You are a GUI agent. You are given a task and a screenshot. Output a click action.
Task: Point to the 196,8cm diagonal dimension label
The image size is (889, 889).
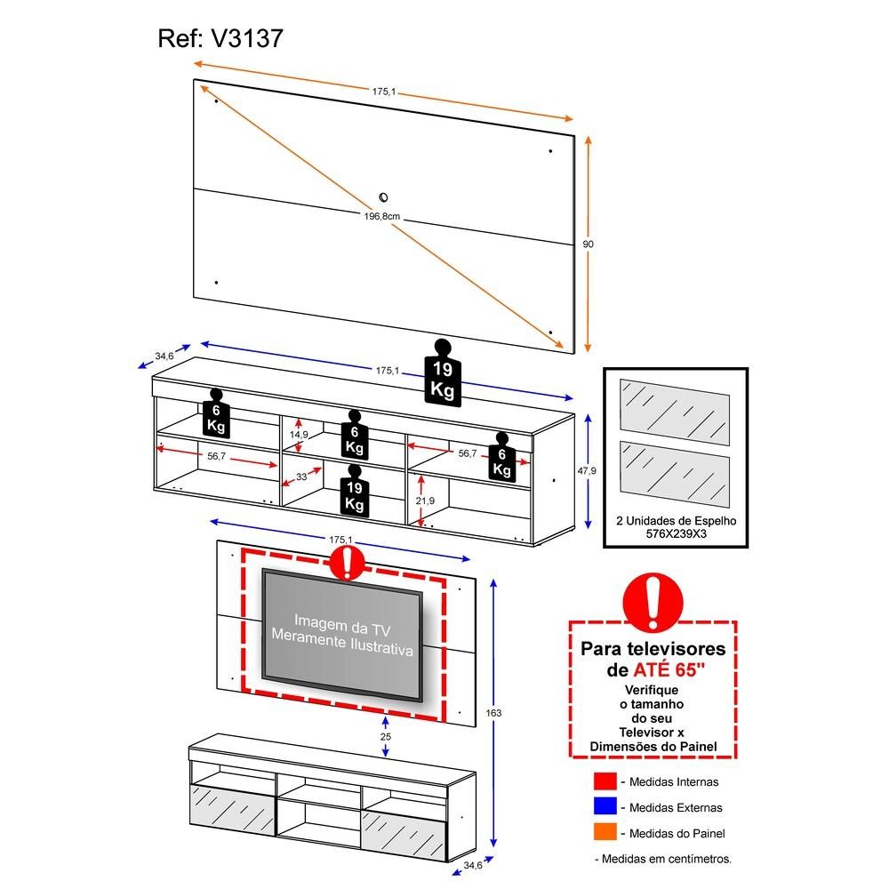pyautogui.click(x=385, y=214)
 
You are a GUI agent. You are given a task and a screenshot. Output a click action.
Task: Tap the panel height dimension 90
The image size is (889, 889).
pyautogui.click(x=589, y=244)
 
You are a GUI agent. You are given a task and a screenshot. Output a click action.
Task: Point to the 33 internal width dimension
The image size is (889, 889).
pyautogui.click(x=302, y=477)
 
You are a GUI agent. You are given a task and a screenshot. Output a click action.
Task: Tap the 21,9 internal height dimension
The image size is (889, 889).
pyautogui.click(x=425, y=501)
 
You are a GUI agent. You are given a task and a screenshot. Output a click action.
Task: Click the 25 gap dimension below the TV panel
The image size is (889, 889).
pyautogui.click(x=385, y=737)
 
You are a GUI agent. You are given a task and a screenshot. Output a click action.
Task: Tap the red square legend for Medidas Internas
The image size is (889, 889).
pyautogui.click(x=603, y=781)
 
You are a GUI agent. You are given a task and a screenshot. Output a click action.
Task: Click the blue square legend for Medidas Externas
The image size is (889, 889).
pyautogui.click(x=603, y=807)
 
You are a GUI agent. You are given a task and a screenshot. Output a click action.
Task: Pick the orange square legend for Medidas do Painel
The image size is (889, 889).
pyautogui.click(x=603, y=833)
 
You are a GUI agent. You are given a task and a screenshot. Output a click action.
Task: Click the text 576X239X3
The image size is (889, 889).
pyautogui.click(x=676, y=536)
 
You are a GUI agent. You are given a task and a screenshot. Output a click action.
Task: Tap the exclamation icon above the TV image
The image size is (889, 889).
pyautogui.click(x=348, y=561)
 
